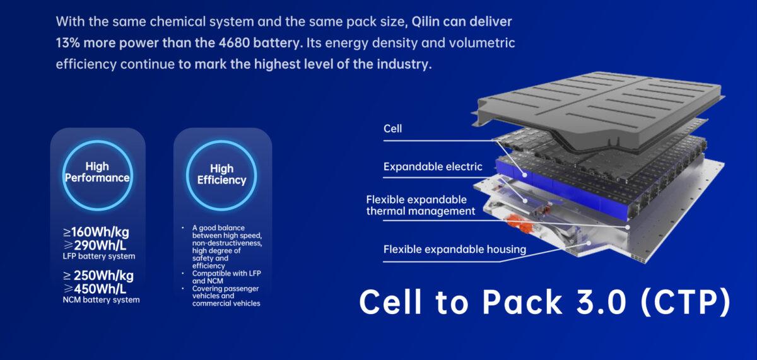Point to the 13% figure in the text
pyautogui.click(x=67, y=44)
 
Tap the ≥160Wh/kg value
pyautogui.click(x=96, y=232)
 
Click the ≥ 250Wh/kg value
pyautogui.click(x=98, y=276)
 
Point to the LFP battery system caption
pyautogui.click(x=99, y=257)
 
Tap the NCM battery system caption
pyautogui.click(x=101, y=300)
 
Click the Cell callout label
pyautogui.click(x=392, y=129)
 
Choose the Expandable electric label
pyautogui.click(x=433, y=167)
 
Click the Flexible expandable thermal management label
pyautogui.click(x=420, y=206)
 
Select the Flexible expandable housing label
pyautogui.click(x=455, y=250)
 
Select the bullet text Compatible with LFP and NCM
pyautogui.click(x=226, y=277)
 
